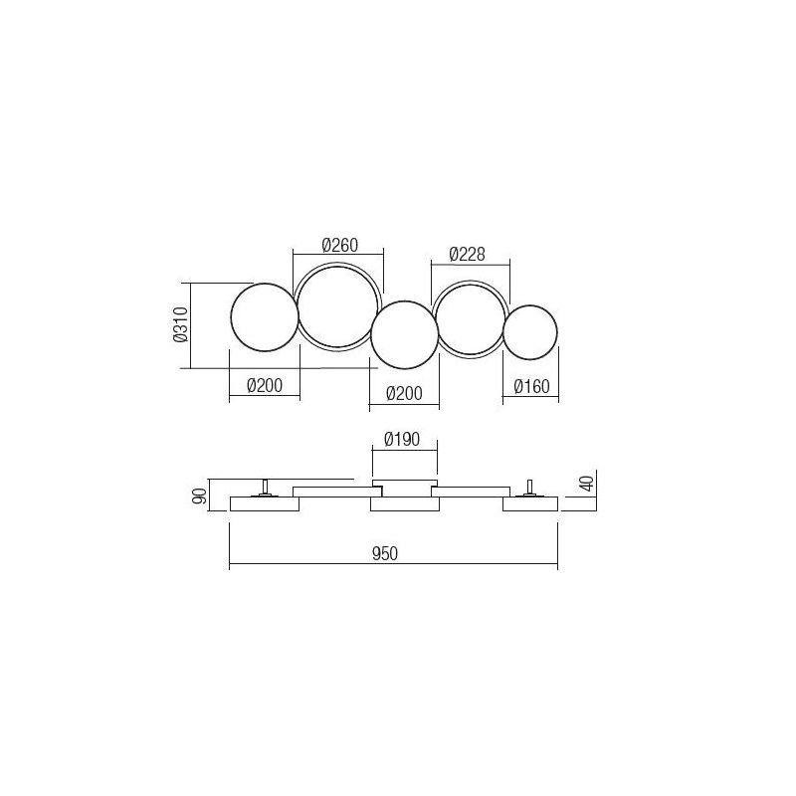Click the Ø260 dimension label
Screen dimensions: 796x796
[340, 246]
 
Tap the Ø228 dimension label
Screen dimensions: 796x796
[467, 255]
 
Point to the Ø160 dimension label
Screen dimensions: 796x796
[530, 388]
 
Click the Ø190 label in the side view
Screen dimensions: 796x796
[403, 438]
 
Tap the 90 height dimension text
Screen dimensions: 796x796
[199, 496]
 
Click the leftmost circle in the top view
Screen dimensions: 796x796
[264, 315]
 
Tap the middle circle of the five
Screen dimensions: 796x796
[404, 334]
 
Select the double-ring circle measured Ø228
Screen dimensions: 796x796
[467, 319]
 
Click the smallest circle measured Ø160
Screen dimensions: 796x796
[530, 331]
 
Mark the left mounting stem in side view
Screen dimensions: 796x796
[266, 488]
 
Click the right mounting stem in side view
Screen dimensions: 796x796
[530, 488]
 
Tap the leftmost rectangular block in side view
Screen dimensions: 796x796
[264, 504]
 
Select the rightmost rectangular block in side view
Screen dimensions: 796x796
[530, 504]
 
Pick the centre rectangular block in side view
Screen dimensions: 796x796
[403, 505]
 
